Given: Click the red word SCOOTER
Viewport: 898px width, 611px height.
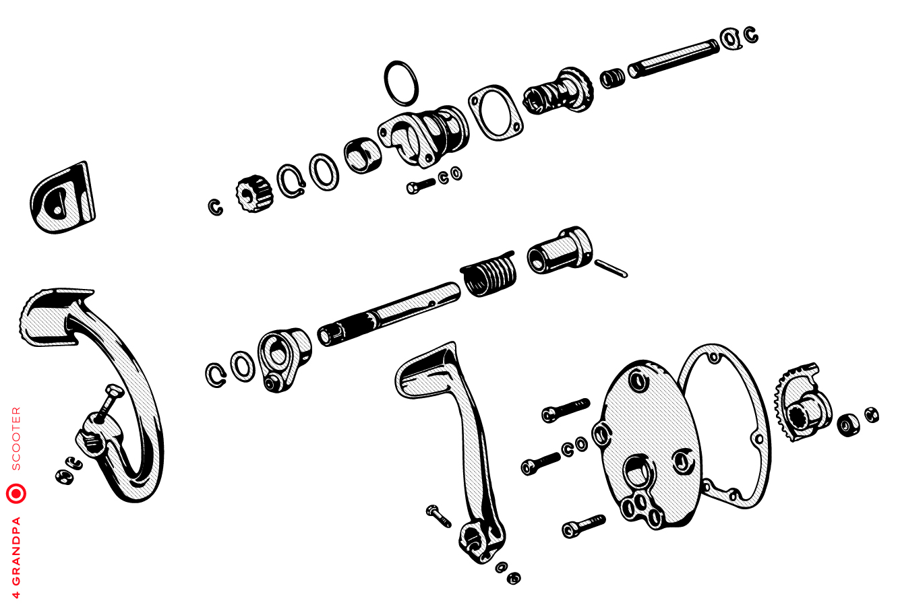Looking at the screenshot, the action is (x=16, y=439).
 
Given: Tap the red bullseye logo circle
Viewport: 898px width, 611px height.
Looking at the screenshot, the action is (x=16, y=494).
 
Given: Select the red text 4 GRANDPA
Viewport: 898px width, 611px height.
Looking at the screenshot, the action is (x=16, y=557).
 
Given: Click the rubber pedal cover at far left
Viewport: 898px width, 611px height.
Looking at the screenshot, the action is (x=63, y=197).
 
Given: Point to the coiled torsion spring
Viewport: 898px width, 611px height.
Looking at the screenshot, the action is (x=488, y=274).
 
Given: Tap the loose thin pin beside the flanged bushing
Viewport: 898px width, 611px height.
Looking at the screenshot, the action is (x=611, y=268).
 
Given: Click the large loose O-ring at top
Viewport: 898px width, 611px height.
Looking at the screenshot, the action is (x=401, y=84).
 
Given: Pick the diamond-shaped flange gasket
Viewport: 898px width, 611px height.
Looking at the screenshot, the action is (x=496, y=112).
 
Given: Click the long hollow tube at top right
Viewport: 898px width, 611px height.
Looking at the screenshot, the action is (x=673, y=59).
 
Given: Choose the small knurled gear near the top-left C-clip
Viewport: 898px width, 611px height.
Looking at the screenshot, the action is (x=254, y=193).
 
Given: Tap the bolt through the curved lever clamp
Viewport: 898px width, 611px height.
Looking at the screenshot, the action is (x=107, y=402).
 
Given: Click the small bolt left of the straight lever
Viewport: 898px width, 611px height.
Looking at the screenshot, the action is (x=439, y=515).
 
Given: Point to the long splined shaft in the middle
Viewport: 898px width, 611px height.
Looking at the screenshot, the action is (x=388, y=315).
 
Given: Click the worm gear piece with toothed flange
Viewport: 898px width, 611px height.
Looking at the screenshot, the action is (x=558, y=91).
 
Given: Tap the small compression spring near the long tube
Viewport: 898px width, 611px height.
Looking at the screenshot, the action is (x=612, y=78).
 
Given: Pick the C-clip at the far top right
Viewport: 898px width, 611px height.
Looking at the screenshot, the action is (x=751, y=34).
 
